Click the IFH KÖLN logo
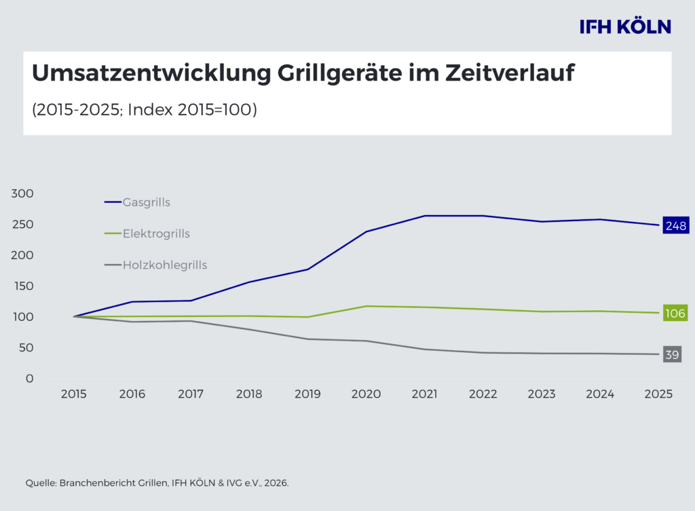click(x=625, y=26)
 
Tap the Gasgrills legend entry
click(x=146, y=202)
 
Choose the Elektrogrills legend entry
click(x=156, y=234)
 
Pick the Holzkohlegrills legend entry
click(x=164, y=265)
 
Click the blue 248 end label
click(x=676, y=225)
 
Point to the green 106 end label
click(x=676, y=314)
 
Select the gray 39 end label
click(x=671, y=354)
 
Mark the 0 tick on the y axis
click(x=30, y=379)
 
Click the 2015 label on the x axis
click(x=73, y=394)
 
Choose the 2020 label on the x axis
click(x=367, y=394)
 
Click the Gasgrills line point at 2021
click(x=425, y=216)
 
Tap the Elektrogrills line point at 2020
click(x=367, y=306)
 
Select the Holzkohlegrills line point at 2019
click(x=308, y=339)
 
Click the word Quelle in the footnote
click(x=41, y=483)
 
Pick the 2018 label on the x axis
click(x=249, y=394)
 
